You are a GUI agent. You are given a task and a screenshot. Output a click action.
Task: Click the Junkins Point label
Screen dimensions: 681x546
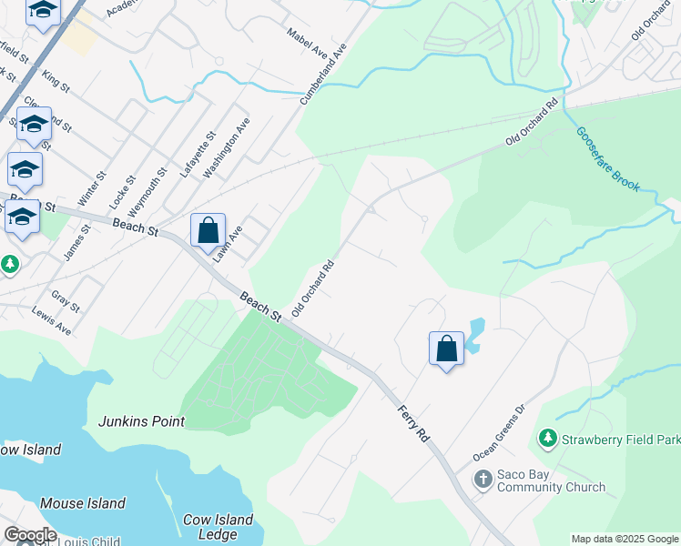(x=142, y=421)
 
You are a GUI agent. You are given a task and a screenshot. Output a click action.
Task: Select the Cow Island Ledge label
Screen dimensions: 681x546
(x=218, y=527)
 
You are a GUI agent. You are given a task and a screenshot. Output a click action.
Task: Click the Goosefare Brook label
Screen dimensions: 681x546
(x=607, y=159)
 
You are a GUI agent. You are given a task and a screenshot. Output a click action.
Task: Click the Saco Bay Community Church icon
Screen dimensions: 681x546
(x=484, y=479)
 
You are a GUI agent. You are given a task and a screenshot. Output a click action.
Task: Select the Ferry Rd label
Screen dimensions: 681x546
(x=412, y=425)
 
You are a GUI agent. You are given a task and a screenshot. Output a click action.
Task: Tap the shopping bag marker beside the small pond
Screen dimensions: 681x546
(x=446, y=348)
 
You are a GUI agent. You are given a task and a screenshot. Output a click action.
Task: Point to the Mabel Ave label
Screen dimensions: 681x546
(x=307, y=42)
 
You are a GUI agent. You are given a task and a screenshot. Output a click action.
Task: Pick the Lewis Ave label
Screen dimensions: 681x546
(x=51, y=320)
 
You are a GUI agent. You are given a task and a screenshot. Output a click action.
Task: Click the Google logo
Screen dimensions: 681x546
(x=30, y=535)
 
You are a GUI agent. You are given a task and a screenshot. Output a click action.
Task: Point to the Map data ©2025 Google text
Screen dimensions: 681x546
(x=624, y=539)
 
